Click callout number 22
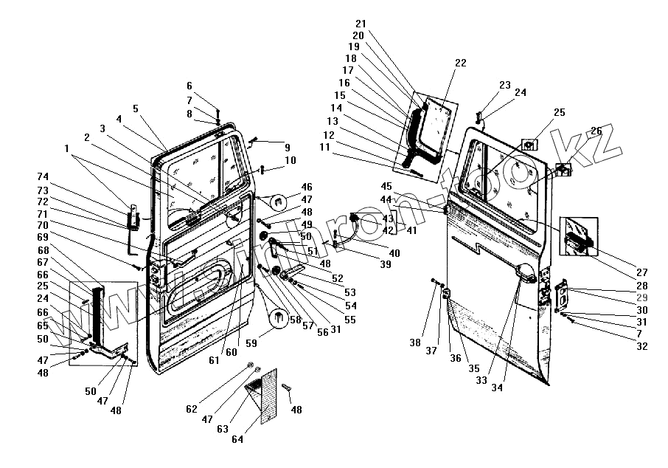point(460,63)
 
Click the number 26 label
point(596,131)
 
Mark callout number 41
point(411,230)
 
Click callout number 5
point(136,109)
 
